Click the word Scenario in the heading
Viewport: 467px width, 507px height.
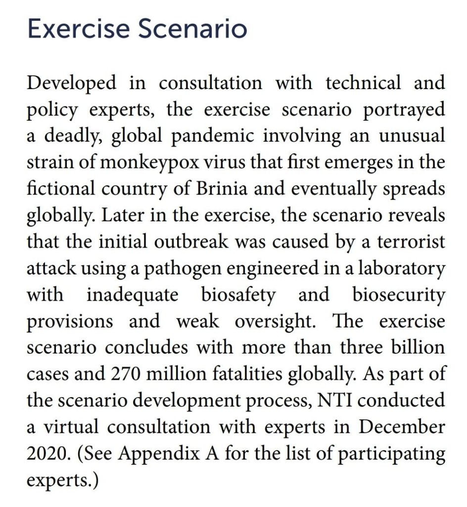(192, 29)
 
